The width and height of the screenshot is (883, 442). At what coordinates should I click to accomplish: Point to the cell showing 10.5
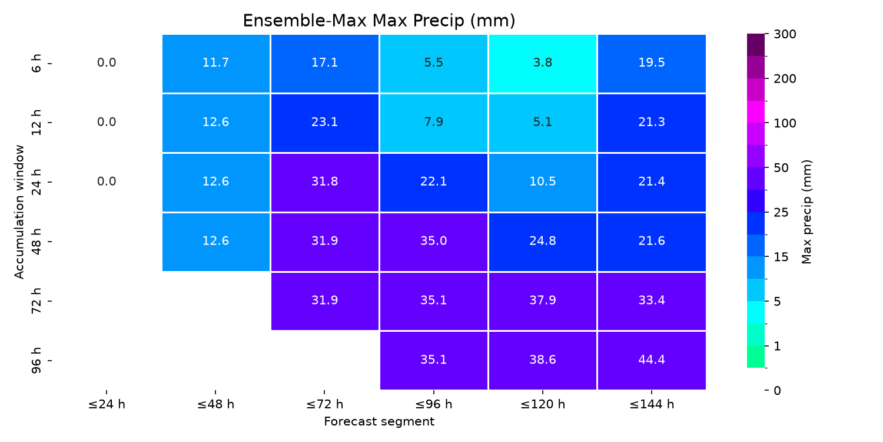[542, 182]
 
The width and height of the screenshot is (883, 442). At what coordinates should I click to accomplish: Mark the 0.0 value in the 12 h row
[107, 122]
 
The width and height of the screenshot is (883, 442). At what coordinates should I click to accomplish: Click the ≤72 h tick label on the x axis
[325, 404]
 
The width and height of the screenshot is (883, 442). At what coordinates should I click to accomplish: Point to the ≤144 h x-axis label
[652, 404]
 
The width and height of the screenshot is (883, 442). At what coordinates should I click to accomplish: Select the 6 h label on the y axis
[36, 63]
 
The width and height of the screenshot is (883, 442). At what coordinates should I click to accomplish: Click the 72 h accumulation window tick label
[36, 301]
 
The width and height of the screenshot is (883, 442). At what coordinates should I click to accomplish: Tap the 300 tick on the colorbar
[785, 34]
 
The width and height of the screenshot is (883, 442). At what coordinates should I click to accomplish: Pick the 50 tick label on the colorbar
[781, 168]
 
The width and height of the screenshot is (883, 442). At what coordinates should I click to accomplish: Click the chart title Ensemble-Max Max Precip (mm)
[379, 21]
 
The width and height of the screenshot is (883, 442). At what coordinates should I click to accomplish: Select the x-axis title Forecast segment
[379, 421]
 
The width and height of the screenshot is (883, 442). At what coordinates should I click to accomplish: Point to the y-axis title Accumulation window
[19, 212]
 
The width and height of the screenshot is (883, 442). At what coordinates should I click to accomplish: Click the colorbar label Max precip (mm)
[806, 212]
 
